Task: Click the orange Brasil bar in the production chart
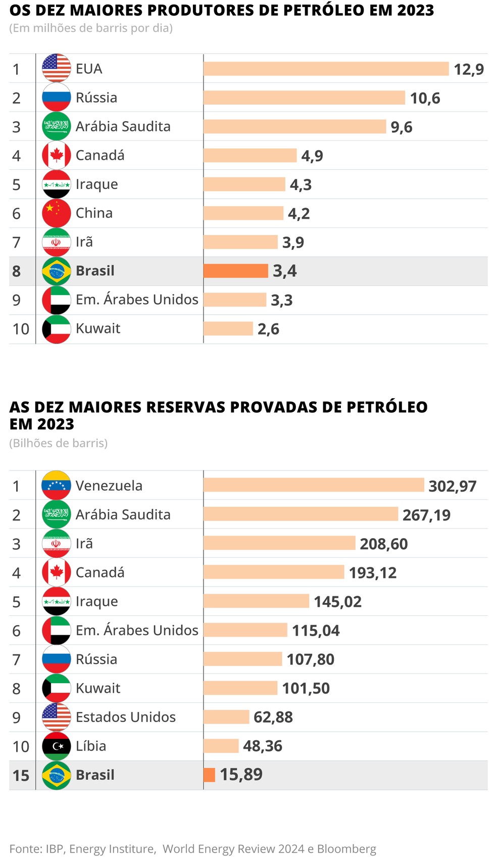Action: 235,271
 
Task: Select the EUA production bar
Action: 326,69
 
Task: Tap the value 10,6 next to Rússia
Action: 425,98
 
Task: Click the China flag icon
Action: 56,213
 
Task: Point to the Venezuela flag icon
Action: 56,486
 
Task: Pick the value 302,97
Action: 452,486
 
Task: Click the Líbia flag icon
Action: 56,746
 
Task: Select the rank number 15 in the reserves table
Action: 21,775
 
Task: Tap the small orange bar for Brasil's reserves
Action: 209,775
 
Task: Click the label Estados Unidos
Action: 125,717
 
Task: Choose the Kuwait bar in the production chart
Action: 228,329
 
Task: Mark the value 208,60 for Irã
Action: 383,544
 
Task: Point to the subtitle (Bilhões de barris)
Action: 59,443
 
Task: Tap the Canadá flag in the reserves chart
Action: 56,572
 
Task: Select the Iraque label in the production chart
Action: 96,184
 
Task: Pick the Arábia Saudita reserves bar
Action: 301,514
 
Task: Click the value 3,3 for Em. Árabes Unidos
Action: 281,300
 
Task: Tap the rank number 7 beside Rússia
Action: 16,659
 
